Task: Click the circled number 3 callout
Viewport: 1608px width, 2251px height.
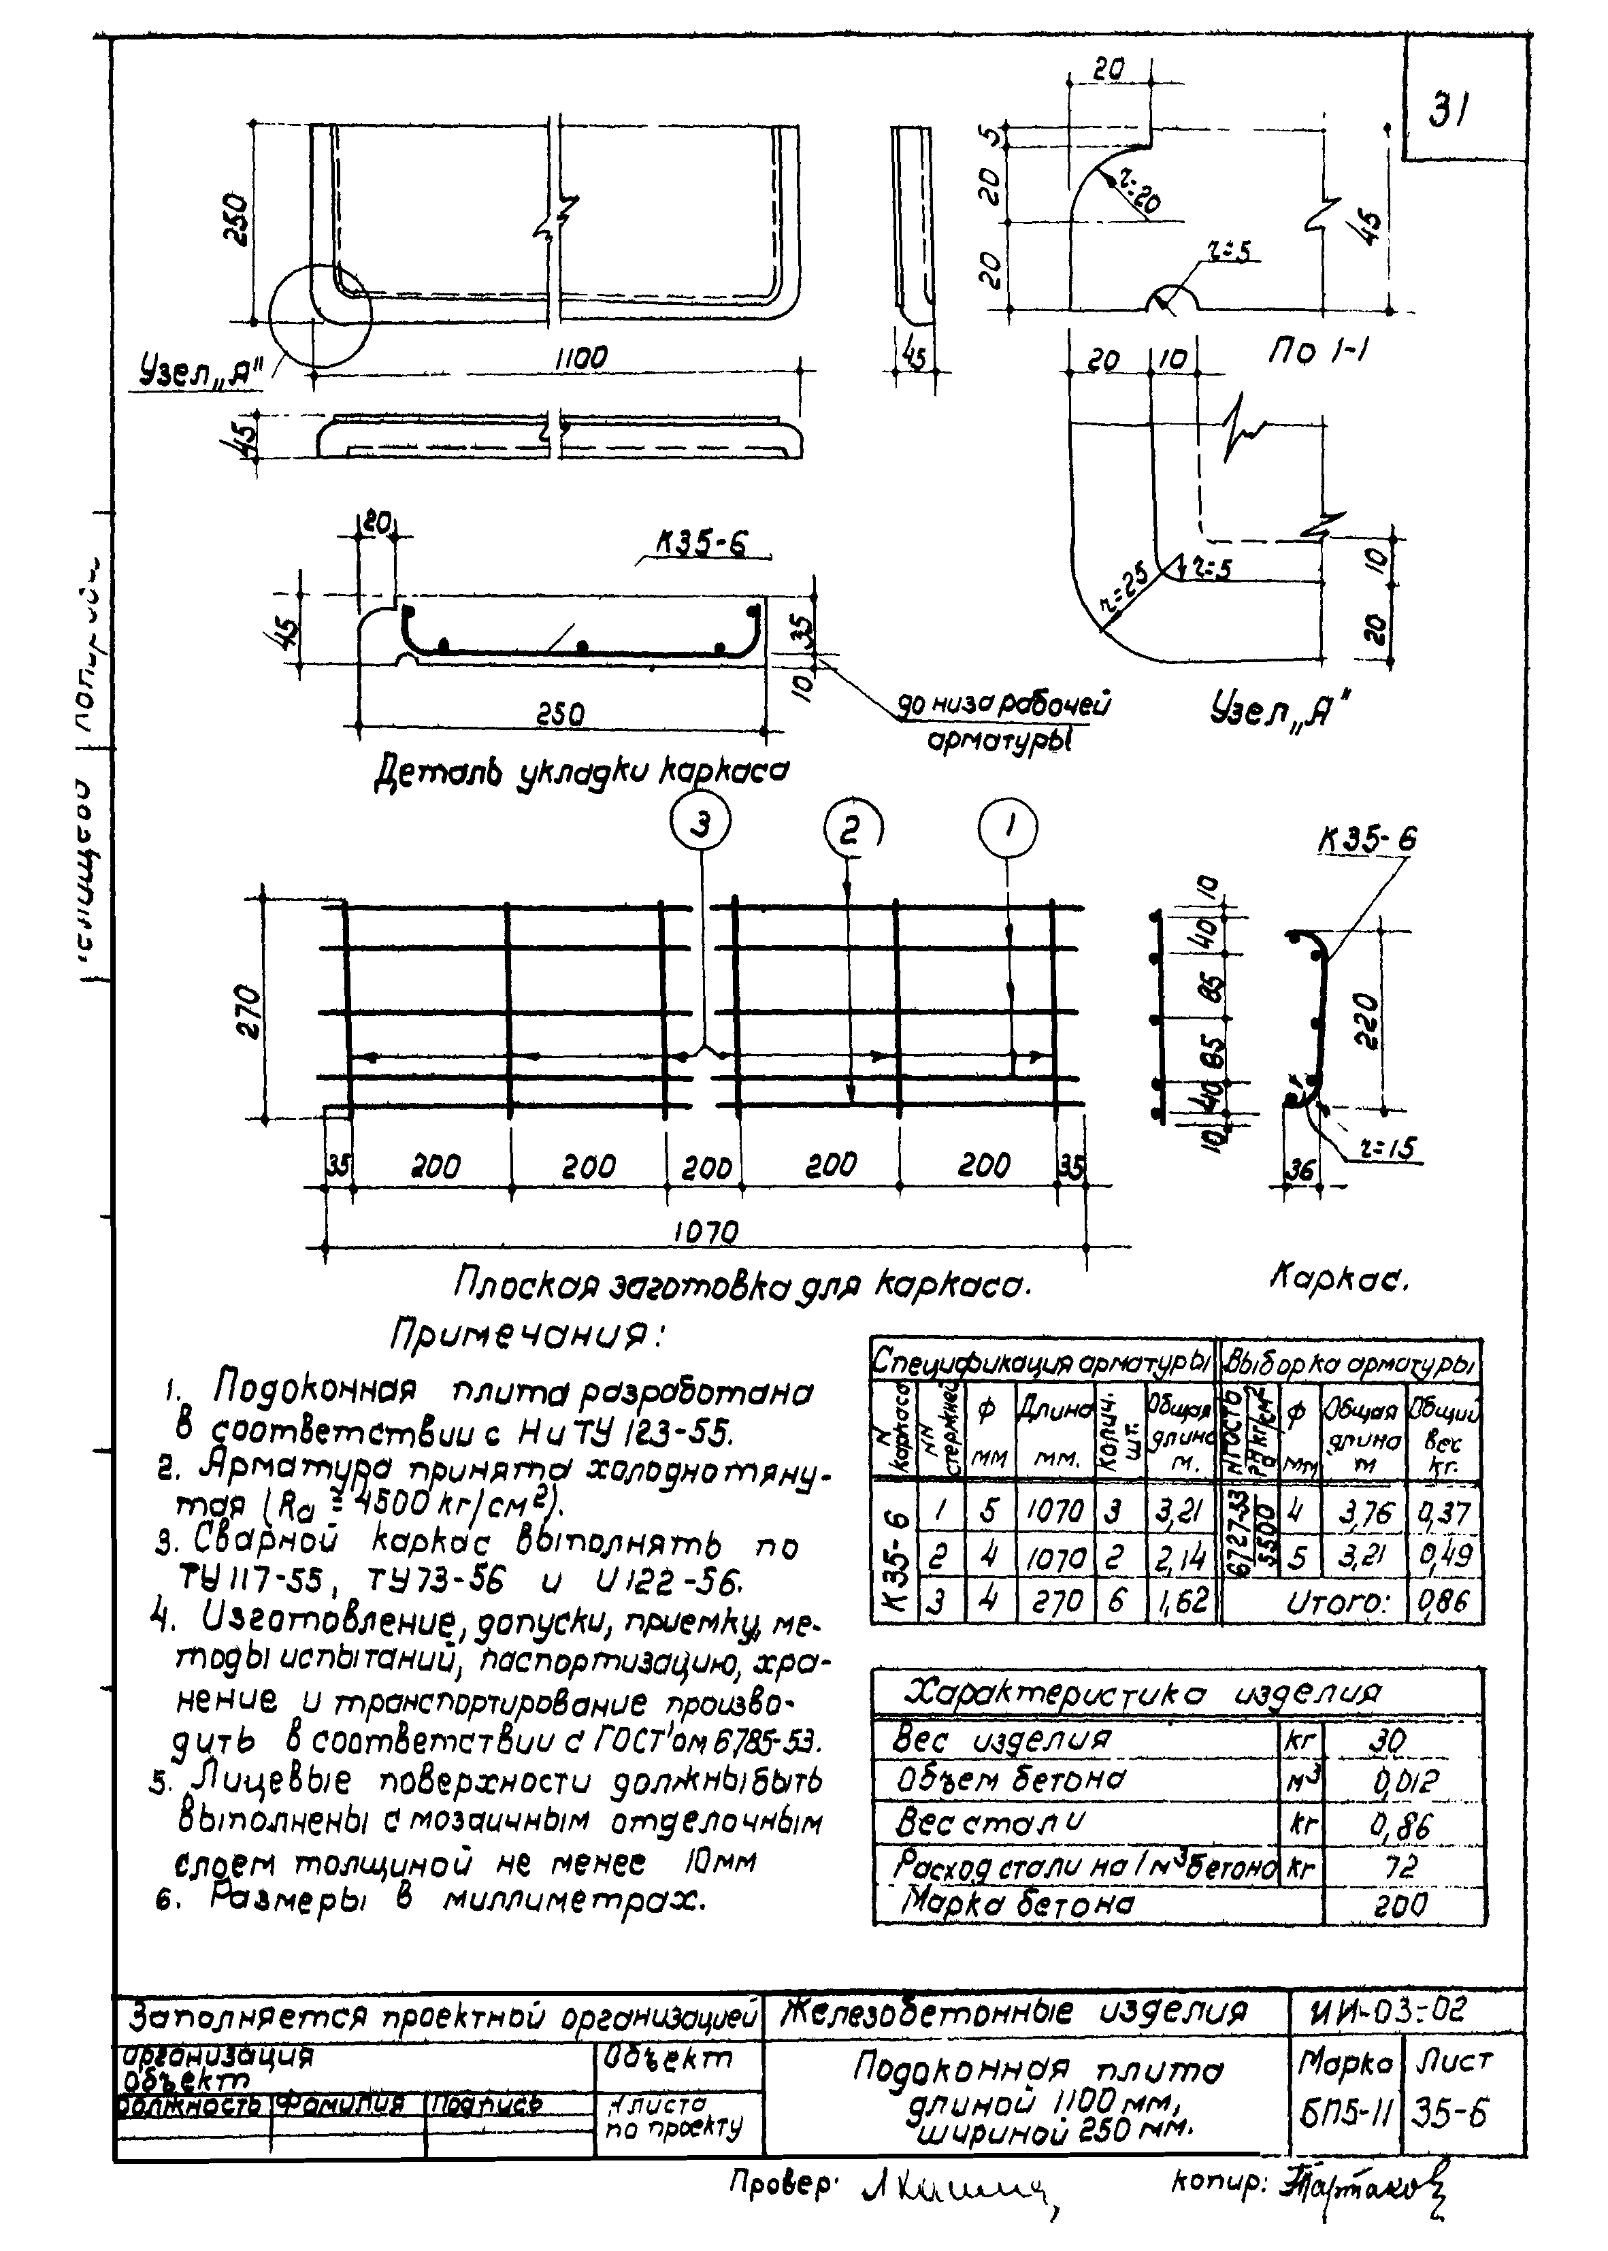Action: pyautogui.click(x=700, y=825)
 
